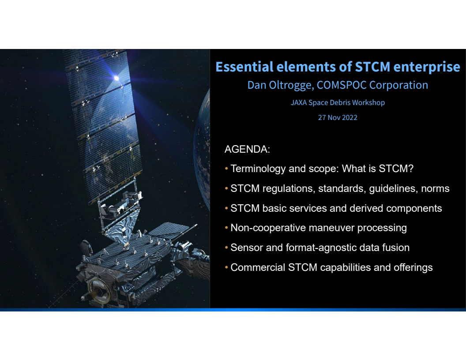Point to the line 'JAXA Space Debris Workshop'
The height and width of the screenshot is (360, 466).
click(338, 102)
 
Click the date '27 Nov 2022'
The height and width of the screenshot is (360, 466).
click(338, 117)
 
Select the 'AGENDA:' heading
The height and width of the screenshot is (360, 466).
click(247, 149)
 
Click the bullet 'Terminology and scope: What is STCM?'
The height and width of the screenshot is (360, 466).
click(322, 169)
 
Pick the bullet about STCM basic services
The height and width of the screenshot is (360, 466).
click(336, 208)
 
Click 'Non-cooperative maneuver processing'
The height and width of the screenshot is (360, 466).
click(318, 228)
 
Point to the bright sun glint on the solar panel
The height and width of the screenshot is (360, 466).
click(116, 78)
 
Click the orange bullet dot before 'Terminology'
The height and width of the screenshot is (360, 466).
click(227, 169)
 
